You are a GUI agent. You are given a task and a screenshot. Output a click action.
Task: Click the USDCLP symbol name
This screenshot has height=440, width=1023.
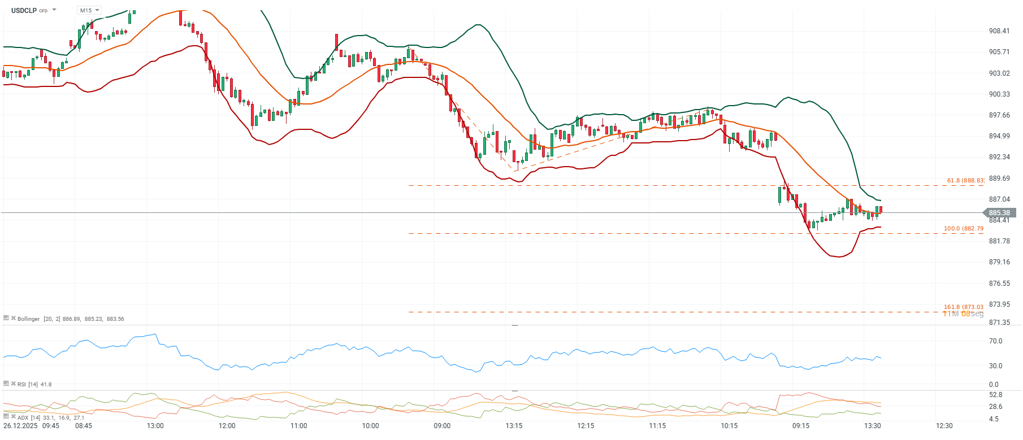coord(24,10)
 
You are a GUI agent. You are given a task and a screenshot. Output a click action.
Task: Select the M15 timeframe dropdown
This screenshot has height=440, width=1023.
coord(89,10)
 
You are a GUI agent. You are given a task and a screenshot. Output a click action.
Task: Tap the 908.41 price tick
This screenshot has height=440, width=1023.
coord(999,31)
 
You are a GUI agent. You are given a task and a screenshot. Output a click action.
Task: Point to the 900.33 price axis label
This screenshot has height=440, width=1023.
coord(999,94)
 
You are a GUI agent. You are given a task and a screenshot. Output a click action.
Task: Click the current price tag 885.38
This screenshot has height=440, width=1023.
coord(999,213)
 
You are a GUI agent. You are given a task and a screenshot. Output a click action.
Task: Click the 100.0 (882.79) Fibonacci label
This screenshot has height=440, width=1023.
coord(963,229)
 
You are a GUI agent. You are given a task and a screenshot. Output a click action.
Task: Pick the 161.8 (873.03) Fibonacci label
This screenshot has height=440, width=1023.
coord(963,307)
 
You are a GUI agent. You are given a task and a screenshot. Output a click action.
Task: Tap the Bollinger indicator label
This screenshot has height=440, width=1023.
coord(29,319)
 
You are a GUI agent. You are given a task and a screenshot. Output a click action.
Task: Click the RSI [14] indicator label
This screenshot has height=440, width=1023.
coord(28,385)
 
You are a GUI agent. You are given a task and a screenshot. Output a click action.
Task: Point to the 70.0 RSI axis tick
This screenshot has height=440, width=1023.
coord(995,341)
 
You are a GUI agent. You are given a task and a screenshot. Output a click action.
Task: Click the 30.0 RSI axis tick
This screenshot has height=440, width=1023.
coord(995,366)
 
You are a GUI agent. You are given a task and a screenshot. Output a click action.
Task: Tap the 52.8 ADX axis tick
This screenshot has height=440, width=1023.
coord(995,395)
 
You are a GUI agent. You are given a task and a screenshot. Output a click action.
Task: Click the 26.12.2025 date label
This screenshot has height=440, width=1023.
coord(20,426)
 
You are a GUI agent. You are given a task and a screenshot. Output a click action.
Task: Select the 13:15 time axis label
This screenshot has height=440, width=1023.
coord(514,426)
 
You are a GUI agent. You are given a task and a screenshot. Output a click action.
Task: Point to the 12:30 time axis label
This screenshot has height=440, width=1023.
coord(944,426)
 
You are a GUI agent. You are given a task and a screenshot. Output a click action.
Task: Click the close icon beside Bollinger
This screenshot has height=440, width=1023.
coord(13,318)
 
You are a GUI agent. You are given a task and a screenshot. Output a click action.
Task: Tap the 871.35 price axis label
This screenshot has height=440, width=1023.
coord(999,323)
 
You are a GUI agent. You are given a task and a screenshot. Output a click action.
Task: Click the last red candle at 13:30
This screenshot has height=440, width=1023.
coord(881,210)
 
